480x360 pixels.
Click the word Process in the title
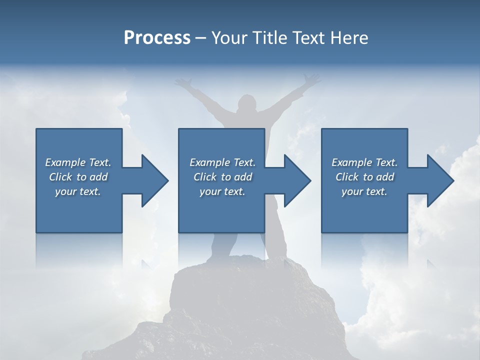[x=157, y=37]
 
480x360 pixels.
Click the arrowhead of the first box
[x=155, y=180]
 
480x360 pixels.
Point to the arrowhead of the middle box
[x=297, y=180]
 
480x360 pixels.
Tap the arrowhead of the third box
[x=440, y=180]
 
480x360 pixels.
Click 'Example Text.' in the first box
[x=78, y=162]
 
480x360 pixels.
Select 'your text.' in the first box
[x=78, y=191]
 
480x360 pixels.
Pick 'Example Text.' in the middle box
[x=222, y=162]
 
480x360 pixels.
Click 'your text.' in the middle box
[x=222, y=191]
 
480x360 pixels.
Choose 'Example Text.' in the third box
[x=364, y=162]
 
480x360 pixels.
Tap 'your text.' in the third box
[x=364, y=191]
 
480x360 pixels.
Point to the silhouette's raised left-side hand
[x=182, y=81]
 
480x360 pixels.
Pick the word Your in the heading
[x=229, y=37]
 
